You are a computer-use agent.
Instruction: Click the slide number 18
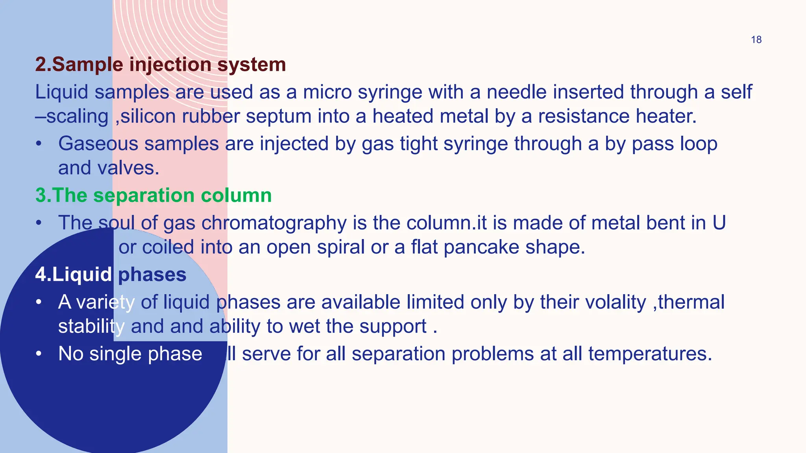tap(756, 40)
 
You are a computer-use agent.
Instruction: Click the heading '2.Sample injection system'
tap(160, 64)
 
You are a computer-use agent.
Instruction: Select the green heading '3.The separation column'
tap(153, 195)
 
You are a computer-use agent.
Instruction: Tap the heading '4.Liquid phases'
tap(111, 274)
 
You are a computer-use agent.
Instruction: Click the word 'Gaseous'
tap(98, 144)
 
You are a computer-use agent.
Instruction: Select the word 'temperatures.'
tap(650, 354)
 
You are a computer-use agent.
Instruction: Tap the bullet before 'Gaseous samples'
tap(38, 144)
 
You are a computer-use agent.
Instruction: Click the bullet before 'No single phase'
tap(38, 354)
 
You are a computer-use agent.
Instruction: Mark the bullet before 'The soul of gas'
tap(38, 223)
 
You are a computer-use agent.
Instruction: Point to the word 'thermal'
tap(691, 302)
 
